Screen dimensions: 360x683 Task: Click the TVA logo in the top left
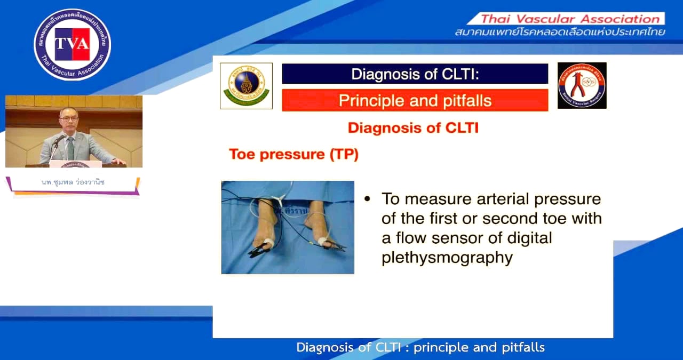pyautogui.click(x=72, y=44)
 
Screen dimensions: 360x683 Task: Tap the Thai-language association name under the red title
pyautogui.click(x=560, y=33)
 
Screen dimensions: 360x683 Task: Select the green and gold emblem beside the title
pyautogui.click(x=246, y=86)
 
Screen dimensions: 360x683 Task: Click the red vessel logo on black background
pyautogui.click(x=582, y=85)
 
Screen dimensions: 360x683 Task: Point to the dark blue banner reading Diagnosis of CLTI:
pyautogui.click(x=415, y=74)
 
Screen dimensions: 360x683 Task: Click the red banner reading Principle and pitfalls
pyautogui.click(x=415, y=100)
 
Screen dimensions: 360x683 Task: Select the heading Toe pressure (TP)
pyautogui.click(x=293, y=155)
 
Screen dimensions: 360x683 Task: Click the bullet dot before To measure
pyautogui.click(x=367, y=199)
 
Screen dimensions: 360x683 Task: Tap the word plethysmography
pyautogui.click(x=447, y=258)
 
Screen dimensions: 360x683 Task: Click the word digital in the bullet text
pyautogui.click(x=527, y=238)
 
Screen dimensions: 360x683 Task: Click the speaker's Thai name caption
pyautogui.click(x=73, y=182)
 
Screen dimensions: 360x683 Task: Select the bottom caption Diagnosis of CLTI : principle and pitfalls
pyautogui.click(x=420, y=348)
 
